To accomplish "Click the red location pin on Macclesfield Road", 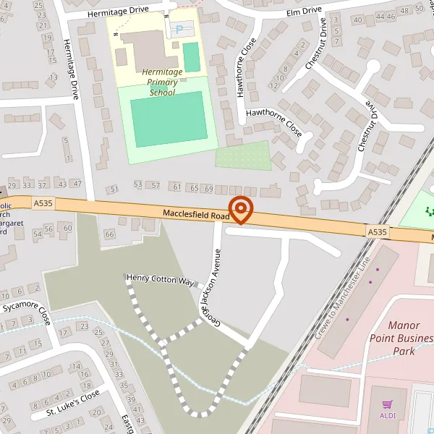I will (240, 209).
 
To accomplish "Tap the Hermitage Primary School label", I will (162, 82).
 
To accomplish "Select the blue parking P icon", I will (179, 30).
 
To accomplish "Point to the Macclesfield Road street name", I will (196, 215).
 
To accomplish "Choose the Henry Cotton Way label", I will (160, 279).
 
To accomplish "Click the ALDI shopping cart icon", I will (388, 405).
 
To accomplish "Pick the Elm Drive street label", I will (304, 11).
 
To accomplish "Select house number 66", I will (110, 234).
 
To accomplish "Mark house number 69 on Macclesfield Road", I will (208, 188).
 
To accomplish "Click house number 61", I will (177, 187).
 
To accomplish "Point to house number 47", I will (77, 183).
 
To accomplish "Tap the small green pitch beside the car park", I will (191, 57).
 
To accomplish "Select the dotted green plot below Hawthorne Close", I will (243, 156).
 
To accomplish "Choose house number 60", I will (68, 229).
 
